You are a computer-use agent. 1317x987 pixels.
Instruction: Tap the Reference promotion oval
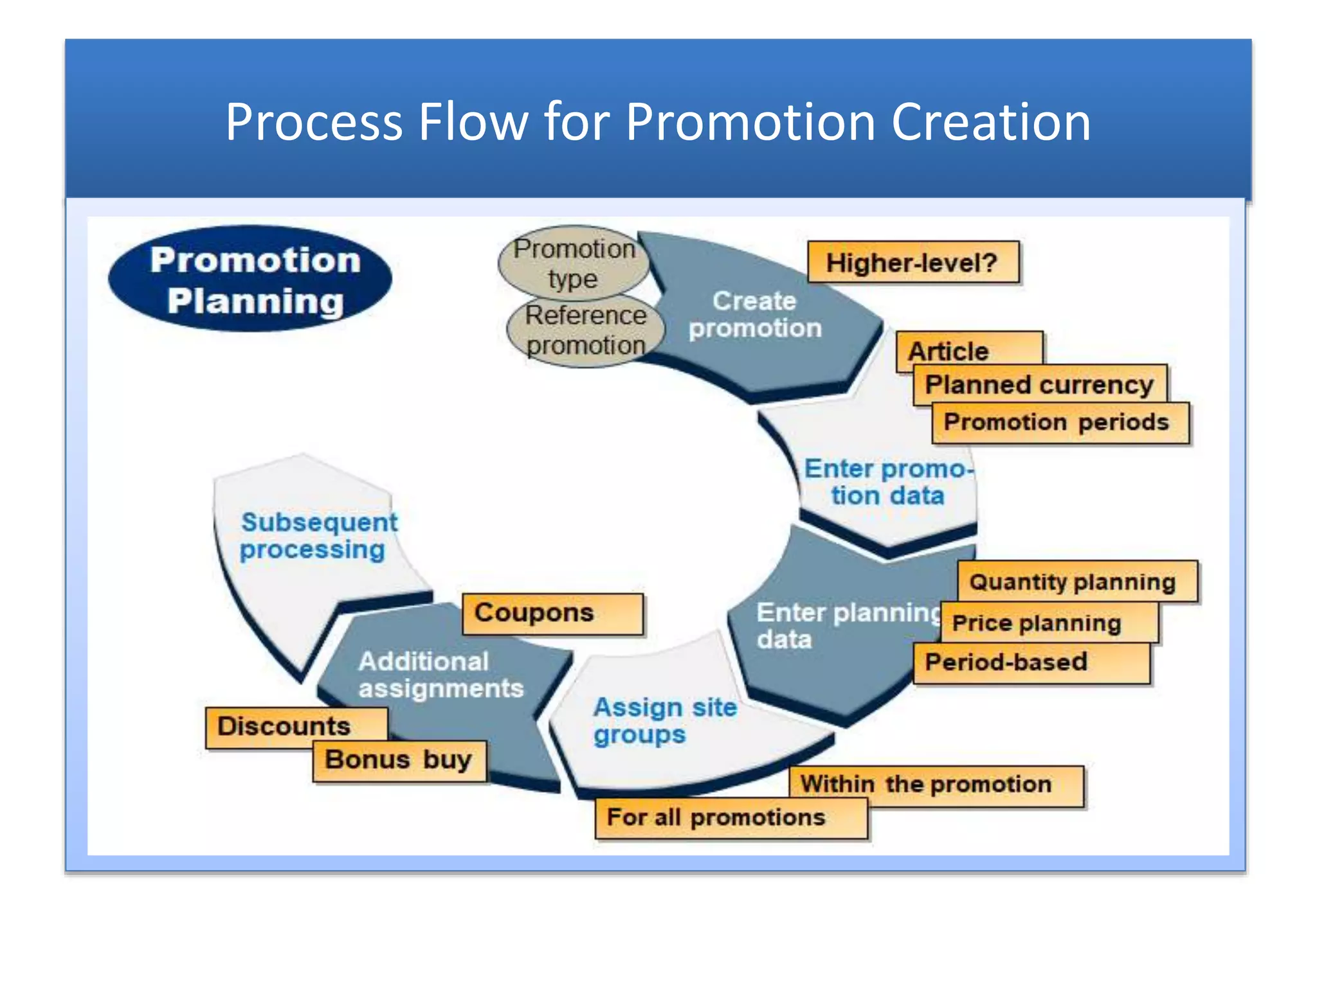tap(585, 330)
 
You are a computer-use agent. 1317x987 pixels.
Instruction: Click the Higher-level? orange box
tap(913, 262)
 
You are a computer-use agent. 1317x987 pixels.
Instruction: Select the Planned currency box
tap(1039, 385)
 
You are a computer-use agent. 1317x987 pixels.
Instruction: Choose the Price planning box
tap(1048, 623)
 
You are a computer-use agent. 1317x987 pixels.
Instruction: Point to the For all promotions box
tap(731, 818)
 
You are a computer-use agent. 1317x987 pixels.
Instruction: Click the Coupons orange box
tap(552, 614)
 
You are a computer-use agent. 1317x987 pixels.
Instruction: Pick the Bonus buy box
tap(399, 761)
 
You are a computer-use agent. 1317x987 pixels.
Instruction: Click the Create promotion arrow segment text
tap(755, 315)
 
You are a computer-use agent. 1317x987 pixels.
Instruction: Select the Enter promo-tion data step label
tap(888, 483)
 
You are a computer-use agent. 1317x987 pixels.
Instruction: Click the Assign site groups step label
tap(664, 720)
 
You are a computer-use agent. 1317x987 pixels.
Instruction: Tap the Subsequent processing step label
tap(318, 536)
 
